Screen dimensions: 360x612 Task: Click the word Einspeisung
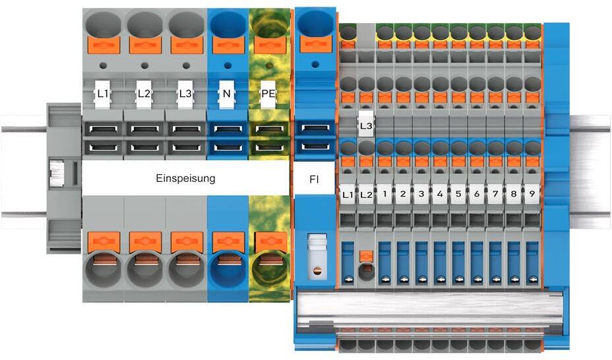coord(185,178)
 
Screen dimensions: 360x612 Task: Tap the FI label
coord(313,178)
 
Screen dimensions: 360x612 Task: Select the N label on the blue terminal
coord(226,94)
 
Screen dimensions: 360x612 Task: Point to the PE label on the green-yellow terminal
coord(268,94)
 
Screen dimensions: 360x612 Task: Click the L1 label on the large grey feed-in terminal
coord(103,94)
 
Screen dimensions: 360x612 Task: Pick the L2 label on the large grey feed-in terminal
coord(144,94)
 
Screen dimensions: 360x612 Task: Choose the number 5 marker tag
coord(458,195)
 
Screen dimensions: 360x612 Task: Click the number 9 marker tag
coord(532,195)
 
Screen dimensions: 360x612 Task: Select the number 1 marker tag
coord(384,195)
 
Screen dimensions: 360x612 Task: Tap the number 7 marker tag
coord(495,195)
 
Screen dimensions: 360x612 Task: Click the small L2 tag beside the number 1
coord(367,195)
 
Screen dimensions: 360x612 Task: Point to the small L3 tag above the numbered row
coord(367,125)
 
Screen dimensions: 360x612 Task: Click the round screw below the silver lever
coord(317,270)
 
